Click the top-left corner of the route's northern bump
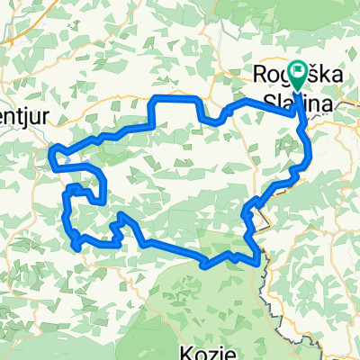158,97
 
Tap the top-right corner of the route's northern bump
198,97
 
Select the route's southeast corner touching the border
261,261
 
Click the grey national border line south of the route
266,288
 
